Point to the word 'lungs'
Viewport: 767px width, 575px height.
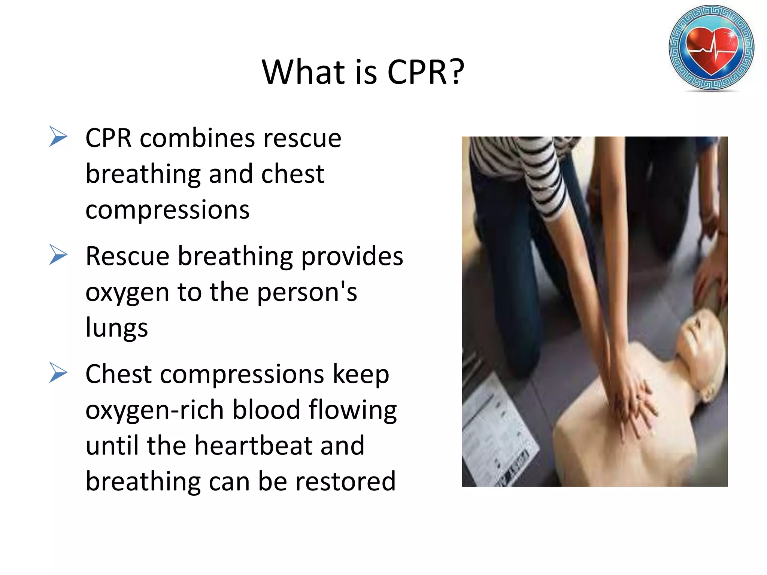[116, 328]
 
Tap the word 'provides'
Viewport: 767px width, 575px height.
[352, 258]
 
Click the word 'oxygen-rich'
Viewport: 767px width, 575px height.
[155, 410]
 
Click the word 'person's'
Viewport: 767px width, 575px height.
[307, 293]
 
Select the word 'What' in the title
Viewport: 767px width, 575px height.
[303, 72]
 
